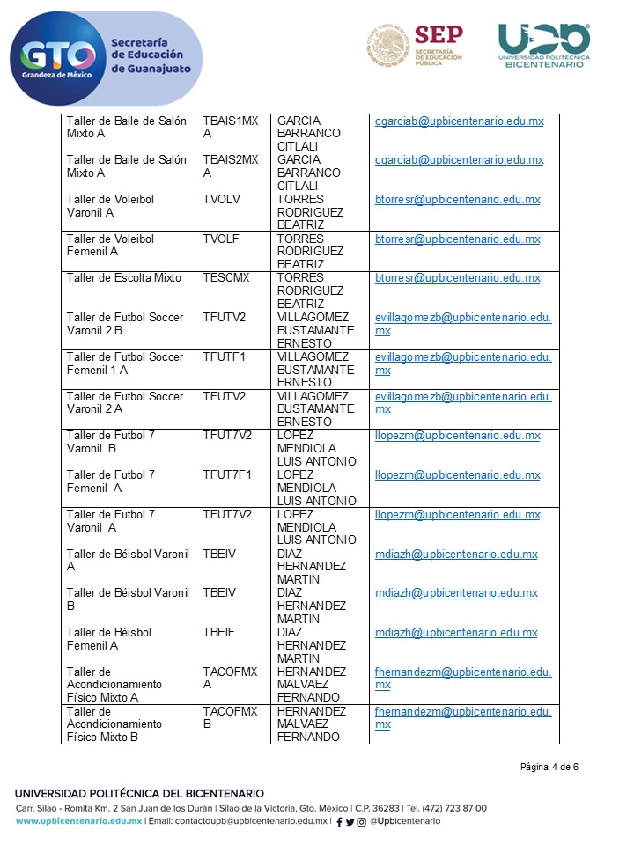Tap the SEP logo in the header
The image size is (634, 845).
(414, 46)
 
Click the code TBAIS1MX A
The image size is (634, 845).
(230, 128)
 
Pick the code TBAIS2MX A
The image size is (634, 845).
(230, 166)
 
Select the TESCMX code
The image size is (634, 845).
(225, 278)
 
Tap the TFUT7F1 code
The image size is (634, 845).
(227, 475)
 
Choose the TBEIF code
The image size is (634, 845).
(219, 633)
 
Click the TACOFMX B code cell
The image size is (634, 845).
(230, 717)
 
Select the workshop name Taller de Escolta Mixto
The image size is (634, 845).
(123, 278)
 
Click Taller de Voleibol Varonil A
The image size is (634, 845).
(110, 206)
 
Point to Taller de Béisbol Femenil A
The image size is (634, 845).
(108, 639)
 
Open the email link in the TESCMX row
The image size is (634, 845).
(457, 278)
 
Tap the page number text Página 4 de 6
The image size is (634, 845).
(549, 767)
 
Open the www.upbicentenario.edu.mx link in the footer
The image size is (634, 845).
(78, 821)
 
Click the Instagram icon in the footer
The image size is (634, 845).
(362, 821)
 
